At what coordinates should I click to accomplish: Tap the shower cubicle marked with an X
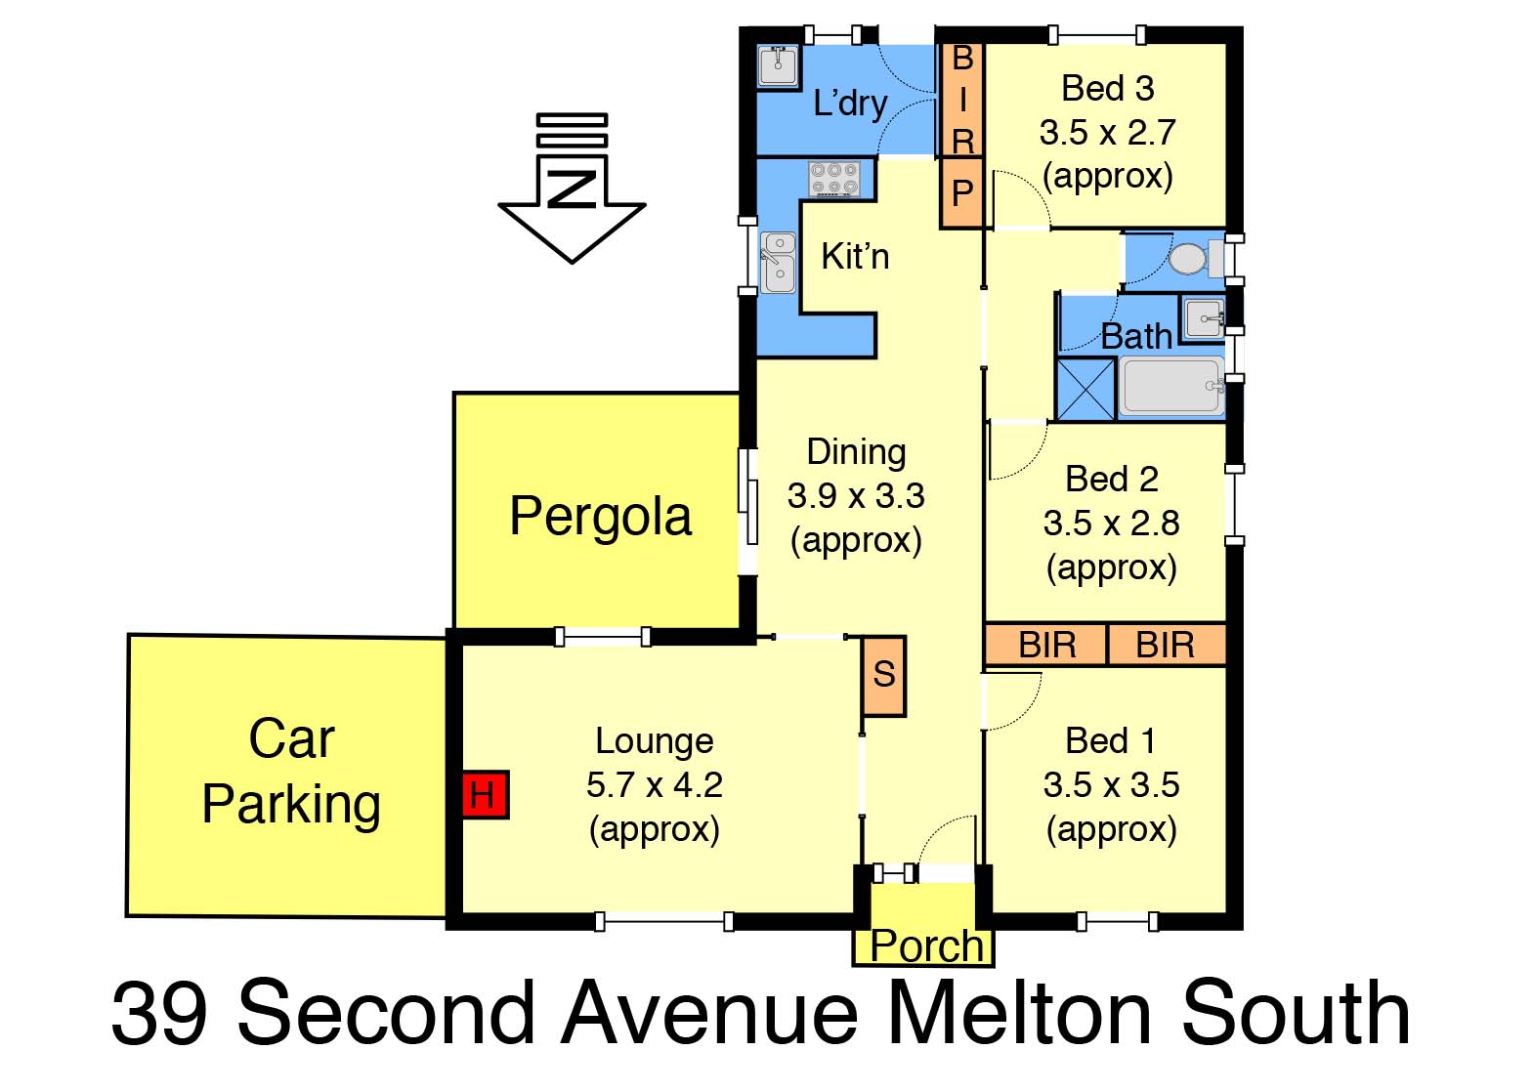point(1086,390)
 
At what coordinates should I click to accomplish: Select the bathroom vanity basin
point(1205,318)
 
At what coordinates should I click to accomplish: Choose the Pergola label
point(601,518)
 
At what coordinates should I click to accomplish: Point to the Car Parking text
point(291,771)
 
